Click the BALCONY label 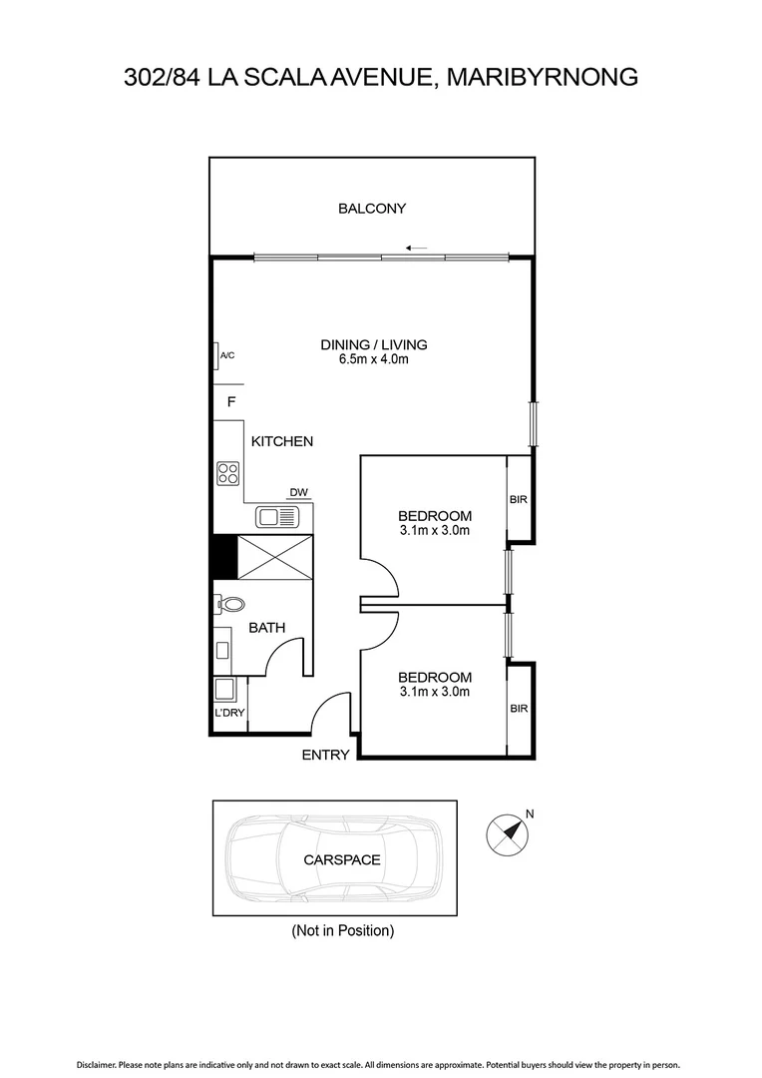(x=372, y=209)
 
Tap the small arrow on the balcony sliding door (x=417, y=249)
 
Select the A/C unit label (x=226, y=355)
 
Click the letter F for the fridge (x=230, y=402)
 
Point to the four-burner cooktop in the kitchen (x=228, y=473)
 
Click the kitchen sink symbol (x=276, y=516)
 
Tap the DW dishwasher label (x=298, y=492)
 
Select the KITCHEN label (x=282, y=441)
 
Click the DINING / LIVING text (x=373, y=345)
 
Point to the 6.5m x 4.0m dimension (x=373, y=359)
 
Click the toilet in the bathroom (x=231, y=604)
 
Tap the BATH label (x=266, y=628)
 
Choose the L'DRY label (x=229, y=713)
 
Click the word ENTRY (x=325, y=755)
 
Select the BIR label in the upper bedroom (x=518, y=499)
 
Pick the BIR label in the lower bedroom (x=518, y=708)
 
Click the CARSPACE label (x=342, y=859)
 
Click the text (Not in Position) (x=342, y=931)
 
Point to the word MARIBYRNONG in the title (x=542, y=76)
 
